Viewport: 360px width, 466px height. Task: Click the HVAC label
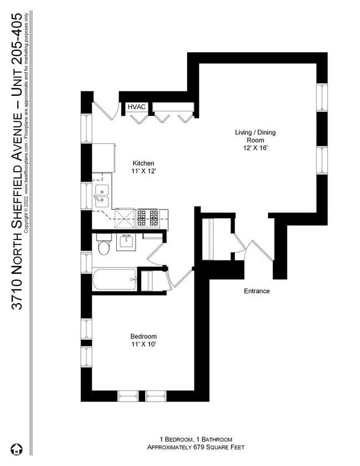[137, 107]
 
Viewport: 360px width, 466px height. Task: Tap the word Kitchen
[143, 163]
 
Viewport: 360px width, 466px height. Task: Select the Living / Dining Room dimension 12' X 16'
[255, 148]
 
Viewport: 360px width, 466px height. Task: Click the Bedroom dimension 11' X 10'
[143, 344]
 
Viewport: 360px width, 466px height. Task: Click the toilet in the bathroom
[103, 245]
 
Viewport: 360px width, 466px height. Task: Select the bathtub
[114, 280]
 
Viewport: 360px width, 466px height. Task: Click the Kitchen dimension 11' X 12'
[143, 172]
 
